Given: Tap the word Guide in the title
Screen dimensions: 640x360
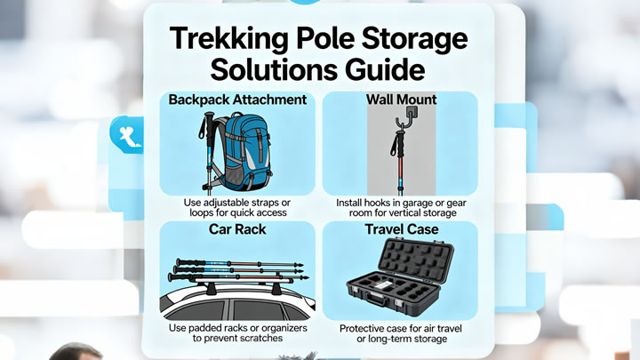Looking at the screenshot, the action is coord(385,69).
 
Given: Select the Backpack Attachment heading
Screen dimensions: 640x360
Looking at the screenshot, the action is coord(237,100).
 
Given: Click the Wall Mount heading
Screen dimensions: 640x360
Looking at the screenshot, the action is coord(401,100).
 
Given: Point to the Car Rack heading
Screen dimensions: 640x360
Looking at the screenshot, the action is coord(237,229).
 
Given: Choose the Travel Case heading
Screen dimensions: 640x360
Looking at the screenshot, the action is coord(402,229).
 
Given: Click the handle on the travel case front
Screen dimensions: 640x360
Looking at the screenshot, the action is coord(376,300).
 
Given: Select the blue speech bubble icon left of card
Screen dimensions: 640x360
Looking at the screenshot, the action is coord(127,135).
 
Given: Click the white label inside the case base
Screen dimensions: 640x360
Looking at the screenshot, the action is coord(384,285).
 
